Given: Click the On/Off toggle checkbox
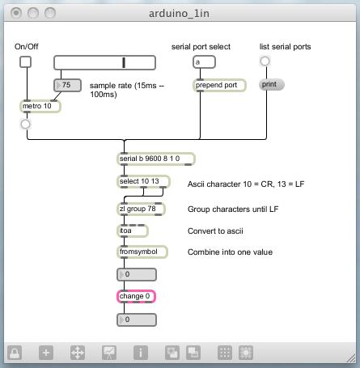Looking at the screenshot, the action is (25, 62).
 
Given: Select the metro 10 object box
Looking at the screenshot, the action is (40, 106).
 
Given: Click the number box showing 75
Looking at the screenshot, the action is (67, 85).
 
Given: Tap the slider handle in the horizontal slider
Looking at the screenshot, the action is (124, 62).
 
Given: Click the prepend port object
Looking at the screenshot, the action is (219, 85).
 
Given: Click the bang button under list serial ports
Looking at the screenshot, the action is (265, 61).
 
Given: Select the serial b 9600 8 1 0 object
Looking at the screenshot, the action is (156, 159).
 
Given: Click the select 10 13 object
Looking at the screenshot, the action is (143, 181).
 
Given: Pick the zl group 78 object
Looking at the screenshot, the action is (141, 209).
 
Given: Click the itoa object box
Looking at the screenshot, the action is (133, 231).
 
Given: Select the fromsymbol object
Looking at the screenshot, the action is (142, 252).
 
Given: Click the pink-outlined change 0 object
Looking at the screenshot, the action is (136, 297).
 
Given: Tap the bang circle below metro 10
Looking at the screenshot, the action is (26, 125).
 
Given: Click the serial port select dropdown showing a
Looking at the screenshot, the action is (204, 62).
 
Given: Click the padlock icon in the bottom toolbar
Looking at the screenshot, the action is (15, 353).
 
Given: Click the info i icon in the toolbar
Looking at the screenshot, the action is (141, 353).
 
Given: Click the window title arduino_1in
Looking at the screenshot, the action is (179, 13).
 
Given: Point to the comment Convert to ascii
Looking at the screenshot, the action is (215, 231).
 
